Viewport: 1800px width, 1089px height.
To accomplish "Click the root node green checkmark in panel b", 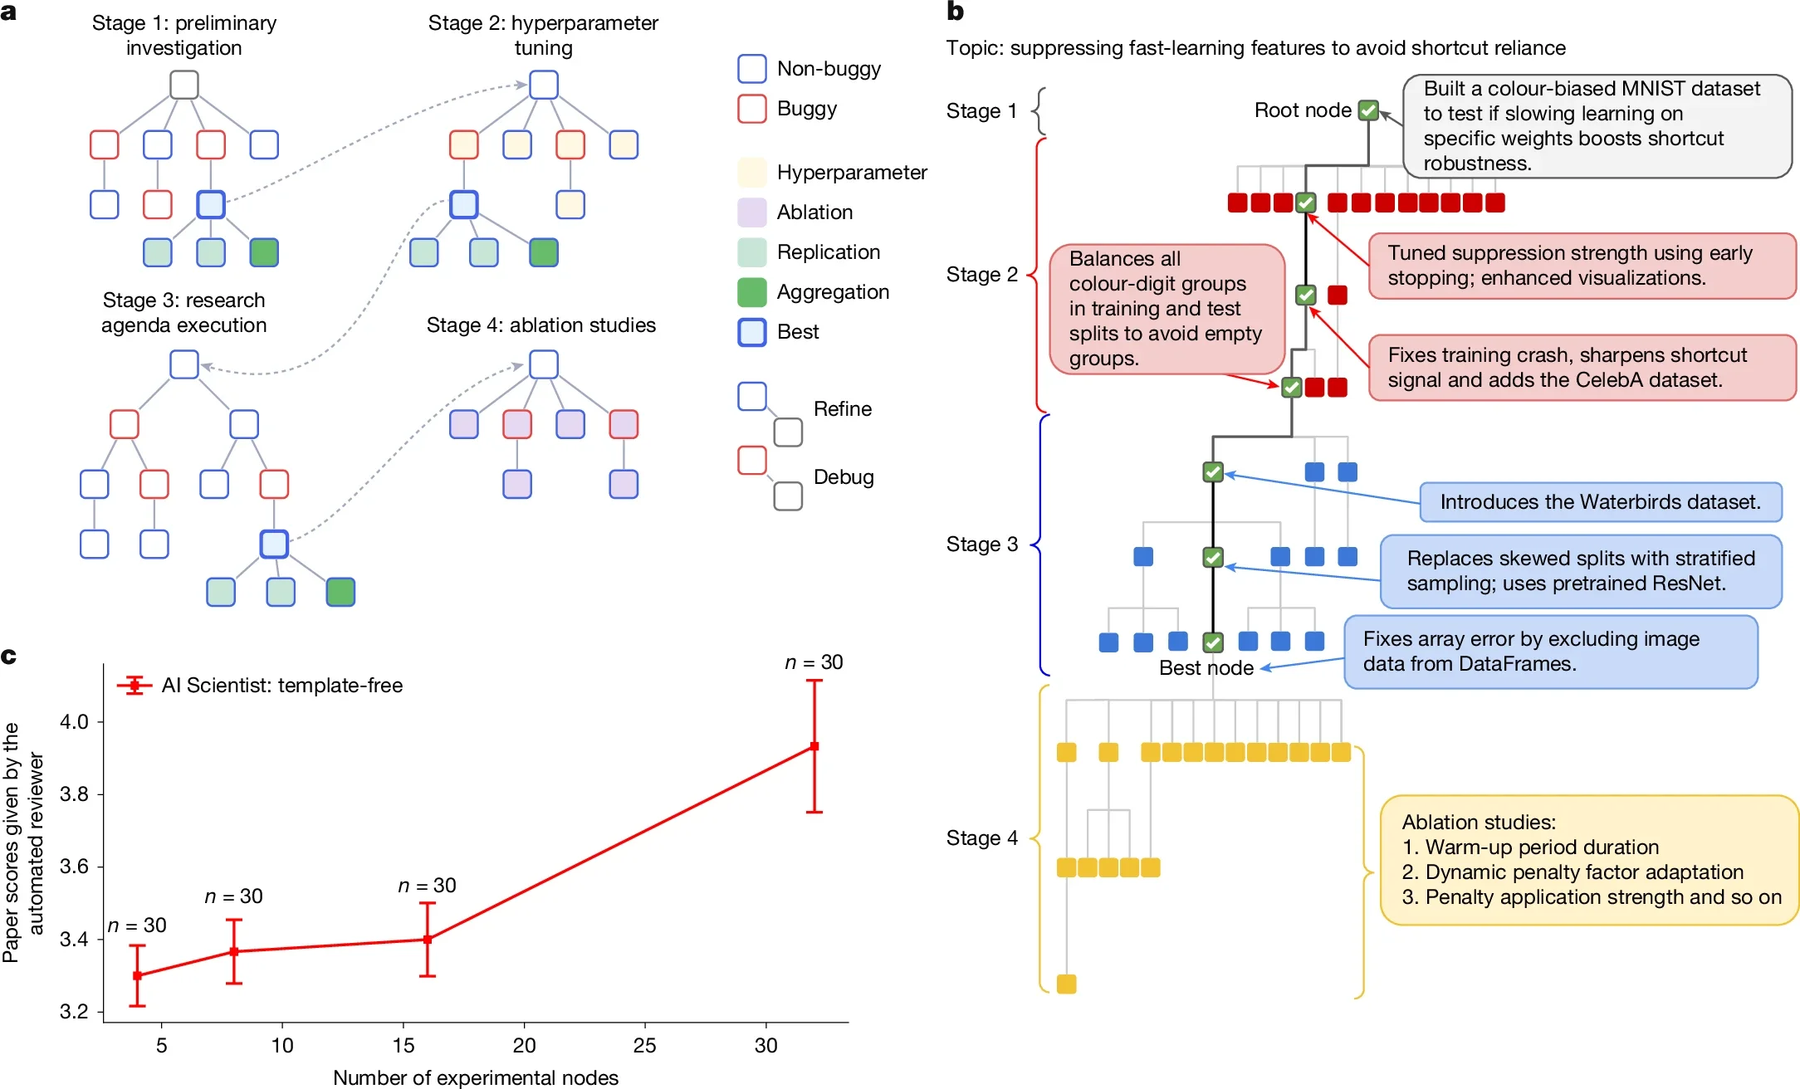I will (1368, 110).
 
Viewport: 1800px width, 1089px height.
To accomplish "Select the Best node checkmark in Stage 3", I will (1213, 642).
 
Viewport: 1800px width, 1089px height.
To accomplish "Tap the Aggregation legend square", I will (751, 292).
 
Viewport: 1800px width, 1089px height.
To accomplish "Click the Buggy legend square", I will (751, 109).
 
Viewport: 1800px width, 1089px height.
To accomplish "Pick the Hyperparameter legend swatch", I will (751, 173).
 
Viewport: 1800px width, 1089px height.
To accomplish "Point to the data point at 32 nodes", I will (814, 746).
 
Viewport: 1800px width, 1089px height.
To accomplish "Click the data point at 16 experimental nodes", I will (428, 940).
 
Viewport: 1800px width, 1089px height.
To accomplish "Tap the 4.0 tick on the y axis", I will (74, 721).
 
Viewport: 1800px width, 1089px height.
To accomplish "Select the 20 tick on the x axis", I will (524, 1045).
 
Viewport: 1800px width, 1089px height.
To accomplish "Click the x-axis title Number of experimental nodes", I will (476, 1077).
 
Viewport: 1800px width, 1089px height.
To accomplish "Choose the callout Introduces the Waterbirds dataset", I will (1600, 502).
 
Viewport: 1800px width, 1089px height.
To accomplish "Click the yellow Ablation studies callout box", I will (1589, 860).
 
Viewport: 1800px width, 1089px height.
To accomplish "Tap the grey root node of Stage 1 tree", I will (184, 85).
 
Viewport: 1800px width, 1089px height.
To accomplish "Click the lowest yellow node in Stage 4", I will (1066, 984).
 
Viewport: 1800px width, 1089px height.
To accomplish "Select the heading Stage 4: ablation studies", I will (540, 325).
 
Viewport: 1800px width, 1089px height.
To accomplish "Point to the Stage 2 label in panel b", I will (981, 275).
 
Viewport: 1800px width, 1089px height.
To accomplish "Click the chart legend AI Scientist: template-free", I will (281, 686).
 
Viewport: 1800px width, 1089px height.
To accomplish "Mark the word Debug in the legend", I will (844, 477).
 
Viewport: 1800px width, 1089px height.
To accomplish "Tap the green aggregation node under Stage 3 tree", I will (340, 592).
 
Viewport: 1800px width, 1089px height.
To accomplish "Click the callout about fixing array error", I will (1550, 652).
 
